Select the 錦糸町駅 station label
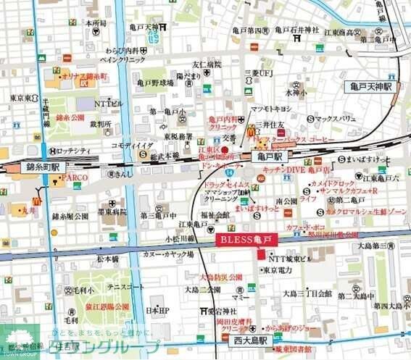pyautogui.click(x=28, y=167)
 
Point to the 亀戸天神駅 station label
pyautogui.click(x=368, y=86)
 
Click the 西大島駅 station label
pyautogui.click(x=249, y=339)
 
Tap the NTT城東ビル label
pyautogui.click(x=289, y=258)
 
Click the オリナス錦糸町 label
pyautogui.click(x=84, y=75)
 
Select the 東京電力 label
pyautogui.click(x=277, y=270)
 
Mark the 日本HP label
pyautogui.click(x=157, y=311)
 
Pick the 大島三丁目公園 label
pyautogui.click(x=307, y=293)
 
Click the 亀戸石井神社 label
pyautogui.click(x=296, y=30)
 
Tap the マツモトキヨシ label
pyautogui.click(x=270, y=109)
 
